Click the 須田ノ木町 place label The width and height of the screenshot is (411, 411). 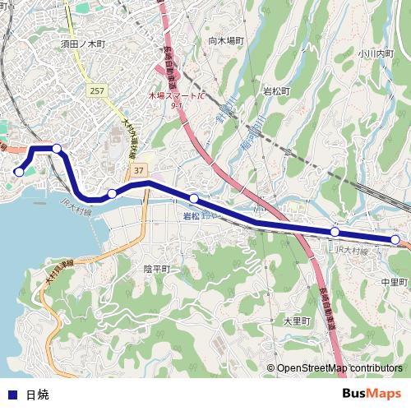(x=84, y=43)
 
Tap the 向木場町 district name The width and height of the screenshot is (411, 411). (x=227, y=39)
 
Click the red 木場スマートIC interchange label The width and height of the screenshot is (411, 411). (x=176, y=96)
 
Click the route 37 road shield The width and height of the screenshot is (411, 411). (x=137, y=169)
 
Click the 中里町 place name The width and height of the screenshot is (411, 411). (x=394, y=282)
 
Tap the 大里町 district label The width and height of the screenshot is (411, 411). (x=295, y=321)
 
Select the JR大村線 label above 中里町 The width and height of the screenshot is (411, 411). (x=350, y=248)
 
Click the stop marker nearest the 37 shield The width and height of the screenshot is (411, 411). (x=112, y=194)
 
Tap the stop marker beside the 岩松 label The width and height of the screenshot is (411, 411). (x=194, y=198)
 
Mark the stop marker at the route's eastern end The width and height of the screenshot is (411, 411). (x=395, y=239)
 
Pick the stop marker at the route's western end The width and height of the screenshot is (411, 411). (x=19, y=172)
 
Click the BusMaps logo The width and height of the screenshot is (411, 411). (x=372, y=393)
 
